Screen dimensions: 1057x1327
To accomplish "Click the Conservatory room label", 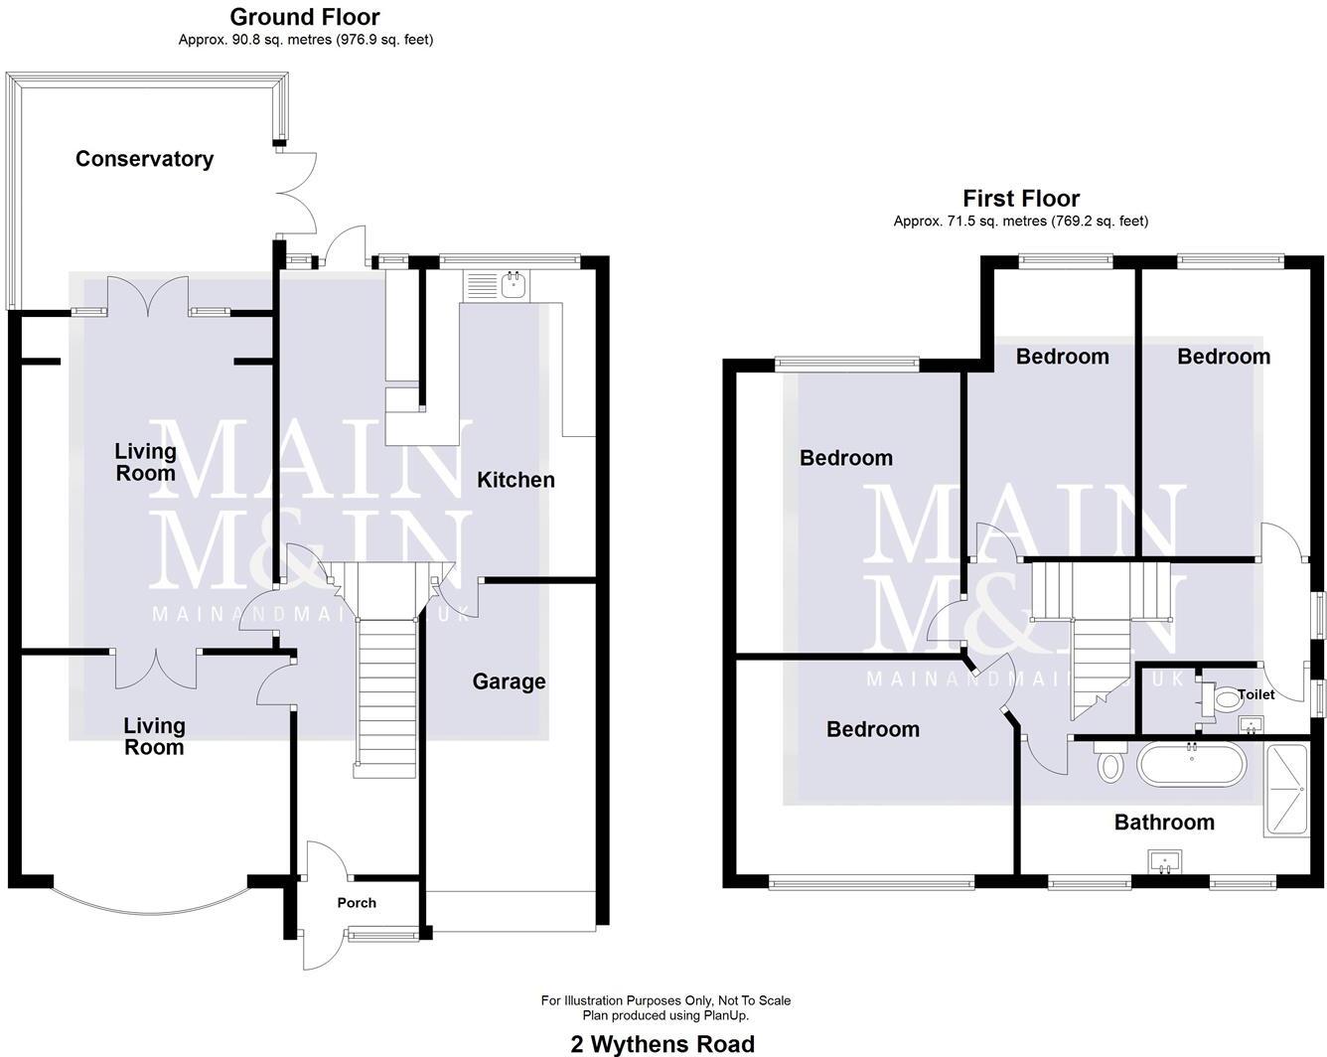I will coord(144,159).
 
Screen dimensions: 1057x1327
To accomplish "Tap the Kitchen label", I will coord(516,480).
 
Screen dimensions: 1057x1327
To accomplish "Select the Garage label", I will coord(509,681).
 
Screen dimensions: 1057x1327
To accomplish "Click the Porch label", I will coord(357,903).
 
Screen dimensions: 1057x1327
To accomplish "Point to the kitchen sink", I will coord(514,286).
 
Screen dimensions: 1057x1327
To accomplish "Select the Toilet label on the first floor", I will coord(1255,694).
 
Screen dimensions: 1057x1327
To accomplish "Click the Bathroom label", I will coord(1164,823).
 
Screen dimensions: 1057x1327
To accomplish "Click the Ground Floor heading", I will coord(304,17).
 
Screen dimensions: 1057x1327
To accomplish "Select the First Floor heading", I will coord(1020,199).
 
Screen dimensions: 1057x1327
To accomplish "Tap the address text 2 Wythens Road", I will coord(663,1044).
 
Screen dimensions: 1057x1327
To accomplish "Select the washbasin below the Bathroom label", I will coord(1162,861).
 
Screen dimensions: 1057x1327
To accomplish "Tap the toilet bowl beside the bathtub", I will coord(1109,766).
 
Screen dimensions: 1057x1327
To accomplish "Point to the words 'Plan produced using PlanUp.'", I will coord(664,1015).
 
